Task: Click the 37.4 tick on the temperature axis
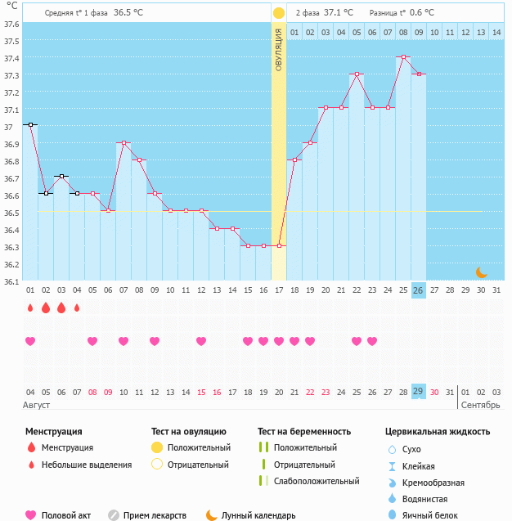pos(11,58)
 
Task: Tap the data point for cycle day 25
pos(403,57)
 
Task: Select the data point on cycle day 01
pos(30,124)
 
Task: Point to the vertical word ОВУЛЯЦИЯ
pos(278,50)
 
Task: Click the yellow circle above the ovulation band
pos(278,13)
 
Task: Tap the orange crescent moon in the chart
pos(482,272)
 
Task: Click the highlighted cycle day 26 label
pos(419,290)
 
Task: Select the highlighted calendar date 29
pos(419,391)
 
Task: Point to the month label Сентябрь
pos(481,405)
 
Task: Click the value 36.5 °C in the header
pos(128,13)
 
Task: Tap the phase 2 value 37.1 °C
pos(339,13)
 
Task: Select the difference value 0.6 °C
pos(422,13)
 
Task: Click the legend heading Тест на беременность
pos(303,431)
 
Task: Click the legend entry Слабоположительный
pos(316,481)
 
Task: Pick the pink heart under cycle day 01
pos(30,341)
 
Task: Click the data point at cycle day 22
pos(357,74)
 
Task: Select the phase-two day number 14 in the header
pos(496,32)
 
